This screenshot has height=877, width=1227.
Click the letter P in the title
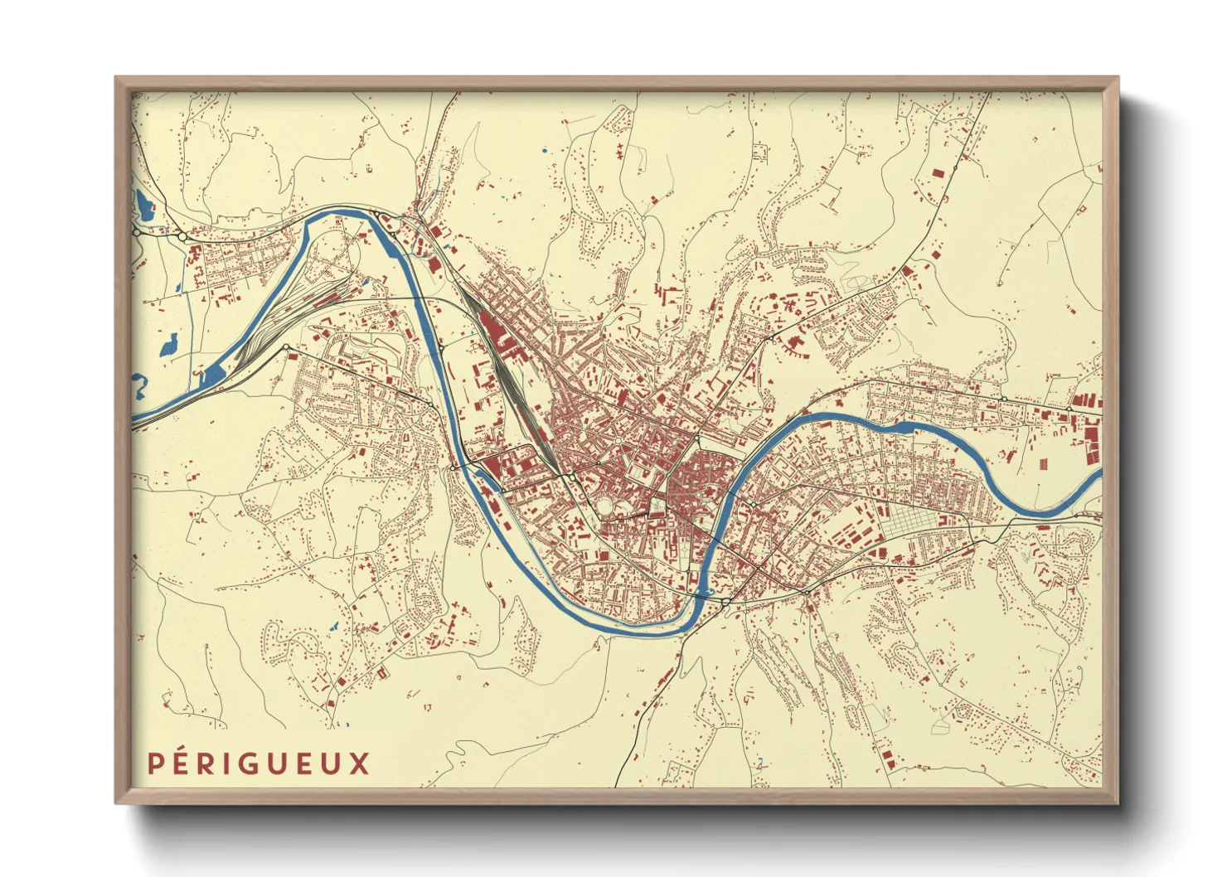pos(154,763)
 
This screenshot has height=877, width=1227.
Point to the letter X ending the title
pos(359,763)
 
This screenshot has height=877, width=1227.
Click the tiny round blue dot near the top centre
pos(545,150)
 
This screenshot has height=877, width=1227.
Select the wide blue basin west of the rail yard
pos(212,374)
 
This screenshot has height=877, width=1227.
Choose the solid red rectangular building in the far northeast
pos(938,173)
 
